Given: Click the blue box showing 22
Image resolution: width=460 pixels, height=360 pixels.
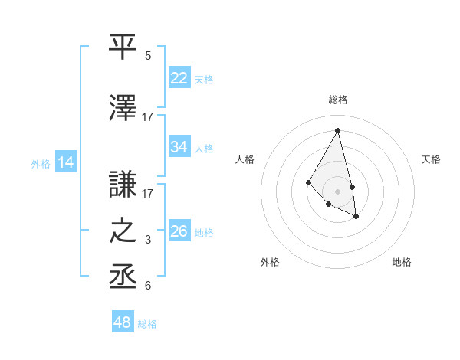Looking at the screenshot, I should (179, 78).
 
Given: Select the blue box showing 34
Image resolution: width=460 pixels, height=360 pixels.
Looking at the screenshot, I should (179, 148).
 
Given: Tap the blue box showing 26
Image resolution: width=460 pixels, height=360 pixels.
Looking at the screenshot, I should (179, 231).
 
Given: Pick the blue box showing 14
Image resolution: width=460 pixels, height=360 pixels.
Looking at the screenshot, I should (66, 162).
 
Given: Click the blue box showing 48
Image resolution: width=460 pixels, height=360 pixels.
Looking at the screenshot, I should (123, 322).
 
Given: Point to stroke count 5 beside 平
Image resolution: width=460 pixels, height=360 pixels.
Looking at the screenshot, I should (148, 57).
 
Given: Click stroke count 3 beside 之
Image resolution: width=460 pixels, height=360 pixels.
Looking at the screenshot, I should (148, 241).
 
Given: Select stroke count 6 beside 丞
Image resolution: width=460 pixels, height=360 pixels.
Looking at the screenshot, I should (148, 286).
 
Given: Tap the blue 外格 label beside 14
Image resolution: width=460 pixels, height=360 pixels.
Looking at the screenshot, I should (41, 163).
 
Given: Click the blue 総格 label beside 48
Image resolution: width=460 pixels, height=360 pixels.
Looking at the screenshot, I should (147, 324).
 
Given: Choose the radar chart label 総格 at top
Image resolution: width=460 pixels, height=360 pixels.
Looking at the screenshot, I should (338, 100).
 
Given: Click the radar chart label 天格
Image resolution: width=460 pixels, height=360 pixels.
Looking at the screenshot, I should (432, 159).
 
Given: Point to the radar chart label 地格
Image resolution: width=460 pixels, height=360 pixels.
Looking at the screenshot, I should (402, 262).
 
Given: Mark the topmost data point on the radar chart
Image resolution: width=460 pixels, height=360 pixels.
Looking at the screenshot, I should (338, 130).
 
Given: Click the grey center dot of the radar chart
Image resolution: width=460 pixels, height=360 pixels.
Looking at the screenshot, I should (337, 191).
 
